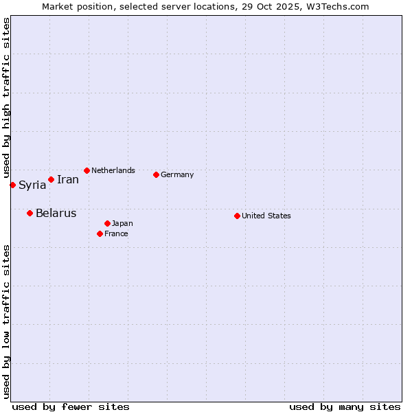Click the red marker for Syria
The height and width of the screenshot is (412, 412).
pyautogui.click(x=12, y=185)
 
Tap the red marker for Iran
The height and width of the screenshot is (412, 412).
pyautogui.click(x=51, y=179)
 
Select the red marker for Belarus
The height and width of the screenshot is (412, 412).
pyautogui.click(x=30, y=213)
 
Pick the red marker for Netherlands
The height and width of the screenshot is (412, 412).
pyautogui.click(x=87, y=170)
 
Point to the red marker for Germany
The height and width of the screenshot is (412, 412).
pyautogui.click(x=156, y=174)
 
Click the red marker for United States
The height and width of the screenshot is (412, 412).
pyautogui.click(x=237, y=216)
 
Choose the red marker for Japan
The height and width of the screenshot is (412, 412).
pyautogui.click(x=107, y=223)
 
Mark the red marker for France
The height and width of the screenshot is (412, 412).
pyautogui.click(x=100, y=233)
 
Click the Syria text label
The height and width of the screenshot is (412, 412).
pyautogui.click(x=32, y=185)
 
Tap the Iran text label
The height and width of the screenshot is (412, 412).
pyautogui.click(x=68, y=180)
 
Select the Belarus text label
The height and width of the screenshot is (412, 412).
pyautogui.click(x=56, y=213)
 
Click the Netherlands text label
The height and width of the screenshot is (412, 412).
pyautogui.click(x=113, y=170)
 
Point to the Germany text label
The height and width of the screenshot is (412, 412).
pyautogui.click(x=177, y=174)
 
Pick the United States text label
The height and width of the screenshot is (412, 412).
pyautogui.click(x=266, y=216)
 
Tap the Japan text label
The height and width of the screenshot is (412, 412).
pyautogui.click(x=122, y=223)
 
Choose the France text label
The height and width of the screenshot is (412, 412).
pyautogui.click(x=116, y=233)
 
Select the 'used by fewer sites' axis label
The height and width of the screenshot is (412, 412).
pyautogui.click(x=71, y=407)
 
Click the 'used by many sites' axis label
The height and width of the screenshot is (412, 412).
pyautogui.click(x=345, y=407)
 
